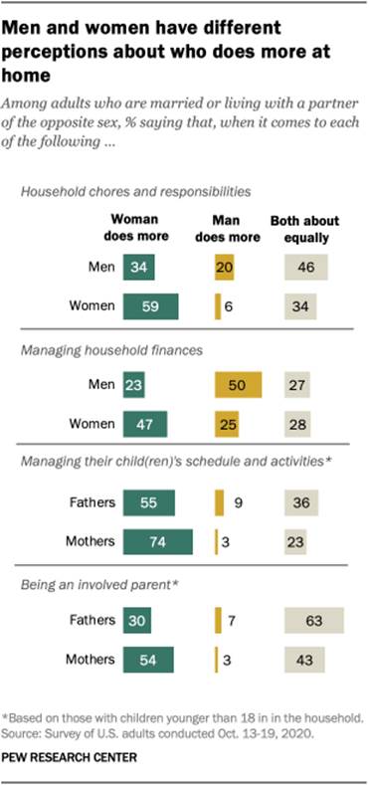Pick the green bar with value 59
pyautogui.click(x=149, y=305)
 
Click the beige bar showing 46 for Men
pyautogui.click(x=306, y=266)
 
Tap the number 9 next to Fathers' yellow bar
pyautogui.click(x=237, y=503)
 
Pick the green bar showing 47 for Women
pyautogui.click(x=145, y=424)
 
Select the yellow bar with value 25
pyautogui.click(x=227, y=424)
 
